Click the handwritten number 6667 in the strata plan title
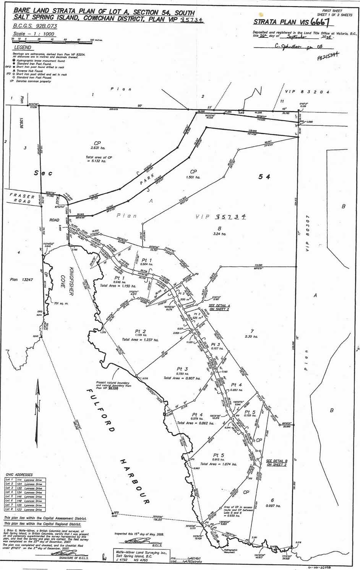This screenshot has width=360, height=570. (x=320, y=21)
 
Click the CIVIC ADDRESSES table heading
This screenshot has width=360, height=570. (x=19, y=475)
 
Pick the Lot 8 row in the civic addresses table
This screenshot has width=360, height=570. (x=24, y=510)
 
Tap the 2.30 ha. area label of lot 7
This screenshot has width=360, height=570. (x=251, y=336)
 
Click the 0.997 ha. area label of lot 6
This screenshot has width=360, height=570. (x=272, y=506)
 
